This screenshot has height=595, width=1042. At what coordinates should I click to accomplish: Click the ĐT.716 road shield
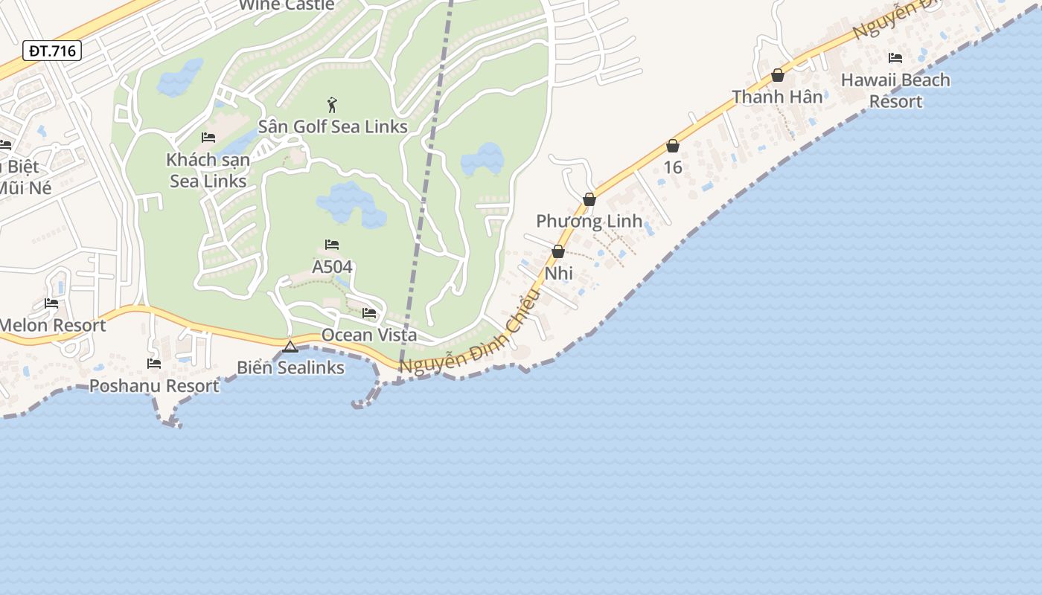[51, 51]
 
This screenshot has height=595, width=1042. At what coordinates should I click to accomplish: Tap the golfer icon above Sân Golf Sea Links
[332, 105]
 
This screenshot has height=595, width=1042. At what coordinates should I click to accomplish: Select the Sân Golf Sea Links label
[333, 126]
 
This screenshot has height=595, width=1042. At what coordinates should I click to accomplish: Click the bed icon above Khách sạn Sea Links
[208, 138]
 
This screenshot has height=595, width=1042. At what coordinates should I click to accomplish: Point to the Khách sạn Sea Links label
[208, 170]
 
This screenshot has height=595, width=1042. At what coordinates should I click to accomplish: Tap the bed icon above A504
[332, 245]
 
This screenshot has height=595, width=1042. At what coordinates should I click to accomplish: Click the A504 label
[332, 266]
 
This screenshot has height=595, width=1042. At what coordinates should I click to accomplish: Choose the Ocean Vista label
[369, 335]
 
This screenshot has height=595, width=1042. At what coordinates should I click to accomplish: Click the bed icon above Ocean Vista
[369, 313]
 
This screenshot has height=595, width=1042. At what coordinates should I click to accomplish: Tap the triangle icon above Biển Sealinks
[290, 347]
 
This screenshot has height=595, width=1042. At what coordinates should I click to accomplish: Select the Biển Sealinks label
[290, 367]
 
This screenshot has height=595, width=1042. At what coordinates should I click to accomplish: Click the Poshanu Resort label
[154, 385]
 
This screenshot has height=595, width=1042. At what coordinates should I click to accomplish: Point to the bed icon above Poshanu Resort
[154, 364]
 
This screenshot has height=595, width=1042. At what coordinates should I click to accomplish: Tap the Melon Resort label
[52, 325]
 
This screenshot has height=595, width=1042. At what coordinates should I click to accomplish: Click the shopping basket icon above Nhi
[558, 252]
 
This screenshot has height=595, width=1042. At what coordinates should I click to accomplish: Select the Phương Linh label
[589, 221]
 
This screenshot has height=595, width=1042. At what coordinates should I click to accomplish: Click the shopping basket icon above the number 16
[673, 146]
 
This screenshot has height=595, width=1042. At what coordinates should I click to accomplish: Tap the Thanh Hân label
[777, 97]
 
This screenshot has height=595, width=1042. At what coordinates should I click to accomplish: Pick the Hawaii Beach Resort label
[895, 90]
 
